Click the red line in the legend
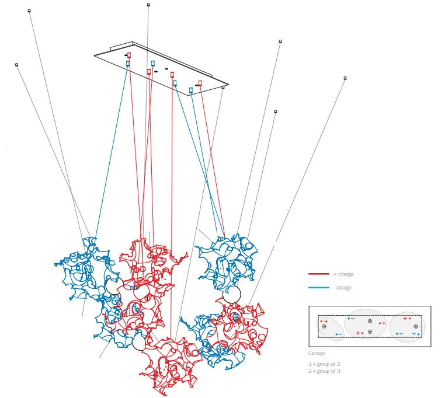(x=319, y=274)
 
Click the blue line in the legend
(x=319, y=288)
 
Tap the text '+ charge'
(x=343, y=274)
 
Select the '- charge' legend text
(x=343, y=288)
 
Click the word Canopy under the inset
(x=317, y=353)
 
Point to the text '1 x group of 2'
(x=324, y=364)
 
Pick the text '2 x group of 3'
(x=324, y=371)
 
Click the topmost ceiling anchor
(x=148, y=5)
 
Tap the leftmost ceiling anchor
(x=17, y=65)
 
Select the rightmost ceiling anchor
(x=345, y=78)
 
